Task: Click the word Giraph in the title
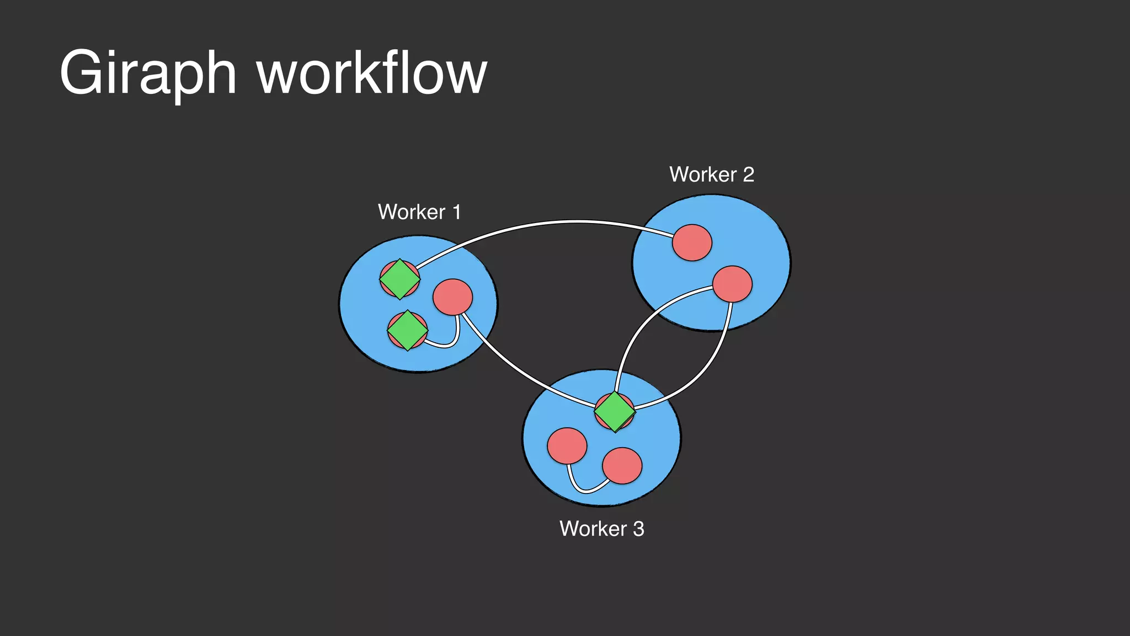click(148, 73)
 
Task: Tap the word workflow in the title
click(372, 73)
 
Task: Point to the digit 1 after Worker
click(456, 212)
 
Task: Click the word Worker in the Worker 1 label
click(412, 212)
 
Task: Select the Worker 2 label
click(712, 174)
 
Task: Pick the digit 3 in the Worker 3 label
click(638, 529)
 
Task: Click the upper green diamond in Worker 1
click(400, 279)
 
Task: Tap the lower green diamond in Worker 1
click(408, 330)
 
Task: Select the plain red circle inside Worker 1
click(453, 297)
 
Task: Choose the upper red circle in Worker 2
click(692, 242)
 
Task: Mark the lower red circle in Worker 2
click(732, 284)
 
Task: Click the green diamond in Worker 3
click(615, 411)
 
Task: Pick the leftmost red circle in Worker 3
click(567, 446)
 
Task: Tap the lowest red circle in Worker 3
click(622, 466)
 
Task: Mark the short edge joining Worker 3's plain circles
click(585, 490)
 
